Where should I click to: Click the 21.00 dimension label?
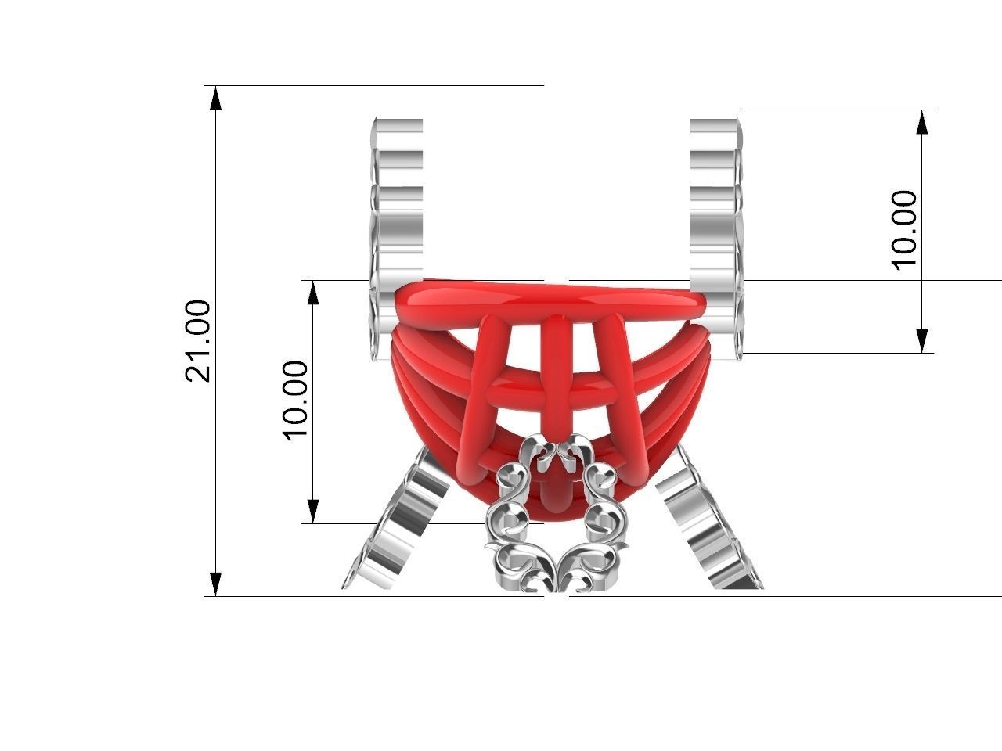pyautogui.click(x=198, y=341)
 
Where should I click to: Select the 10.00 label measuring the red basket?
pyautogui.click(x=295, y=401)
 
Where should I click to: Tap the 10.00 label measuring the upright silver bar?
pyautogui.click(x=904, y=230)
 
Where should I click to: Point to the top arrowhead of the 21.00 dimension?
pyautogui.click(x=216, y=96)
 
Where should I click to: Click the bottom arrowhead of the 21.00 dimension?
pyautogui.click(x=216, y=584)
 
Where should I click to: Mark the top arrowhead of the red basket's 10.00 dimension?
pyautogui.click(x=313, y=292)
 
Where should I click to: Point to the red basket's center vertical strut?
pyautogui.click(x=557, y=368)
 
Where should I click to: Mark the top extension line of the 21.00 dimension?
pyautogui.click(x=376, y=85)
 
